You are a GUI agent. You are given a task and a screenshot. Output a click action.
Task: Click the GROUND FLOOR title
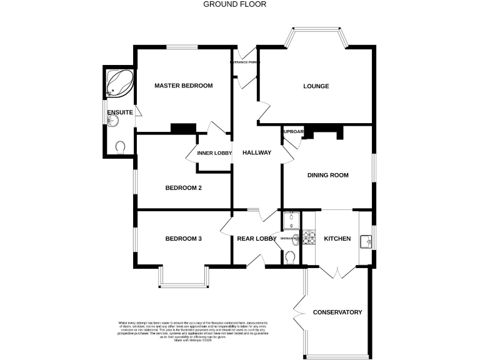(235, 4)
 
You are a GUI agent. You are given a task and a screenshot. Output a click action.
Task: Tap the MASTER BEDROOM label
(184, 86)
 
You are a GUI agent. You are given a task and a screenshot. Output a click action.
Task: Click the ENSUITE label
(119, 112)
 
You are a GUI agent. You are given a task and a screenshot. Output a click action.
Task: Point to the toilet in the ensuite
(121, 146)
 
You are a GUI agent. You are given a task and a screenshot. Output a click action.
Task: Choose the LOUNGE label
(316, 86)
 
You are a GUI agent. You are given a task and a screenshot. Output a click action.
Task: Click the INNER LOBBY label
(214, 153)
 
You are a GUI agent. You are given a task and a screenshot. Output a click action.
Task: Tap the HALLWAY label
(257, 152)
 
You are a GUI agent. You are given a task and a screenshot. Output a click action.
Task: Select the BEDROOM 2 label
(183, 187)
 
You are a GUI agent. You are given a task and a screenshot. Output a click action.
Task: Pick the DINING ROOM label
(327, 175)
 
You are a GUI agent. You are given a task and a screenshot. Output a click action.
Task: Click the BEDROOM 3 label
(183, 238)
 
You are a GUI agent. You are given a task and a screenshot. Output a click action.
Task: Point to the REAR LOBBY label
(257, 238)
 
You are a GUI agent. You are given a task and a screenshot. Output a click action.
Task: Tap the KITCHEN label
(337, 239)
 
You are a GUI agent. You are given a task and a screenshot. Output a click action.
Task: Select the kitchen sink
(367, 239)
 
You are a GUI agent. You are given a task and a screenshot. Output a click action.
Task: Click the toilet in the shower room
(290, 257)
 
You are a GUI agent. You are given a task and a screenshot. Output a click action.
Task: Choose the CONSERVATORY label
(337, 312)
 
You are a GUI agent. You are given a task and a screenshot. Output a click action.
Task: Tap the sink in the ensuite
(112, 121)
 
